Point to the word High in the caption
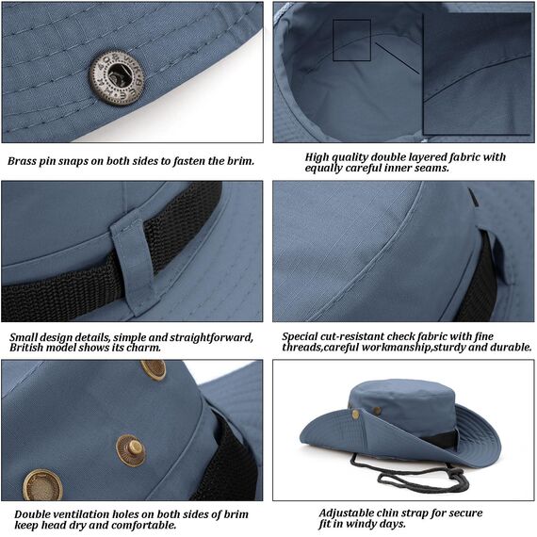(320, 156)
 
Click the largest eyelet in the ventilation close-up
(42, 485)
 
